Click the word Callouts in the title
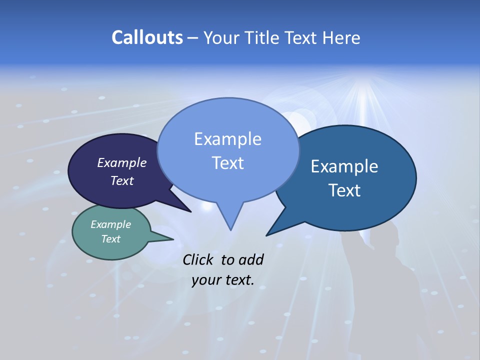click(x=147, y=37)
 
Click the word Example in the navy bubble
click(x=121, y=162)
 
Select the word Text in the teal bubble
click(x=111, y=239)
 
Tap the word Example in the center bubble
click(x=227, y=139)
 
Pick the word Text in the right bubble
click(x=345, y=190)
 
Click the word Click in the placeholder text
click(x=199, y=259)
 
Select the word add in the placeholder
click(x=250, y=259)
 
